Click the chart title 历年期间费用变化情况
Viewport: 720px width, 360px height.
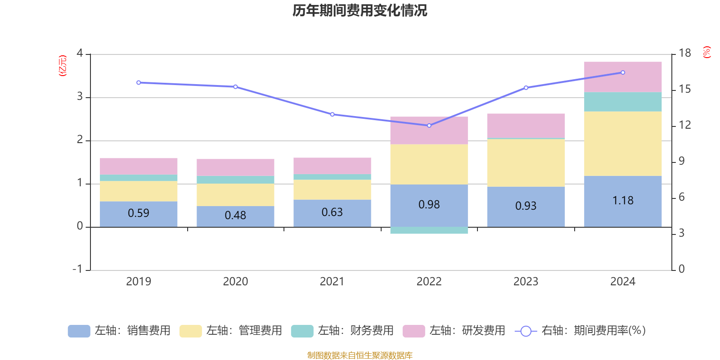(x=360, y=10)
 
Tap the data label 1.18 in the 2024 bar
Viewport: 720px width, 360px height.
(x=623, y=201)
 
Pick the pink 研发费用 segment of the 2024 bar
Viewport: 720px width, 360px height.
(x=623, y=77)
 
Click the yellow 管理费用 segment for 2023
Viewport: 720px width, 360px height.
(x=526, y=162)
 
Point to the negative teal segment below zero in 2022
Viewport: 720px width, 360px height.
(x=429, y=230)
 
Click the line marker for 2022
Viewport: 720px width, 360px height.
(x=429, y=126)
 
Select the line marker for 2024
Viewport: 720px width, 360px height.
(x=623, y=72)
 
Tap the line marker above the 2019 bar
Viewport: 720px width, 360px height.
(x=139, y=82)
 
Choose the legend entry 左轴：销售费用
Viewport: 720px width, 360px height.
(x=119, y=331)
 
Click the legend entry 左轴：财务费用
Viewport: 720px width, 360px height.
(x=342, y=331)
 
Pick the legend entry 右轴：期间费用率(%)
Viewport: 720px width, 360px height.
(x=580, y=331)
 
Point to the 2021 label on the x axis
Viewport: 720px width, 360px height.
(x=332, y=282)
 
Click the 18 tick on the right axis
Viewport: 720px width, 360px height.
(x=684, y=53)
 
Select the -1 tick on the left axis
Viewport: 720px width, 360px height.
(x=78, y=269)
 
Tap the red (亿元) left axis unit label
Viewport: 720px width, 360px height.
(x=63, y=66)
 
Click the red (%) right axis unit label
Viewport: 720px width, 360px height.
(x=706, y=52)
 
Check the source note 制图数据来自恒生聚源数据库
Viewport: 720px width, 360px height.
(x=360, y=355)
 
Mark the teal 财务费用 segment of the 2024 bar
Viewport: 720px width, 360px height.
(x=623, y=102)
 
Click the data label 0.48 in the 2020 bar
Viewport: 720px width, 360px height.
(x=235, y=216)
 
